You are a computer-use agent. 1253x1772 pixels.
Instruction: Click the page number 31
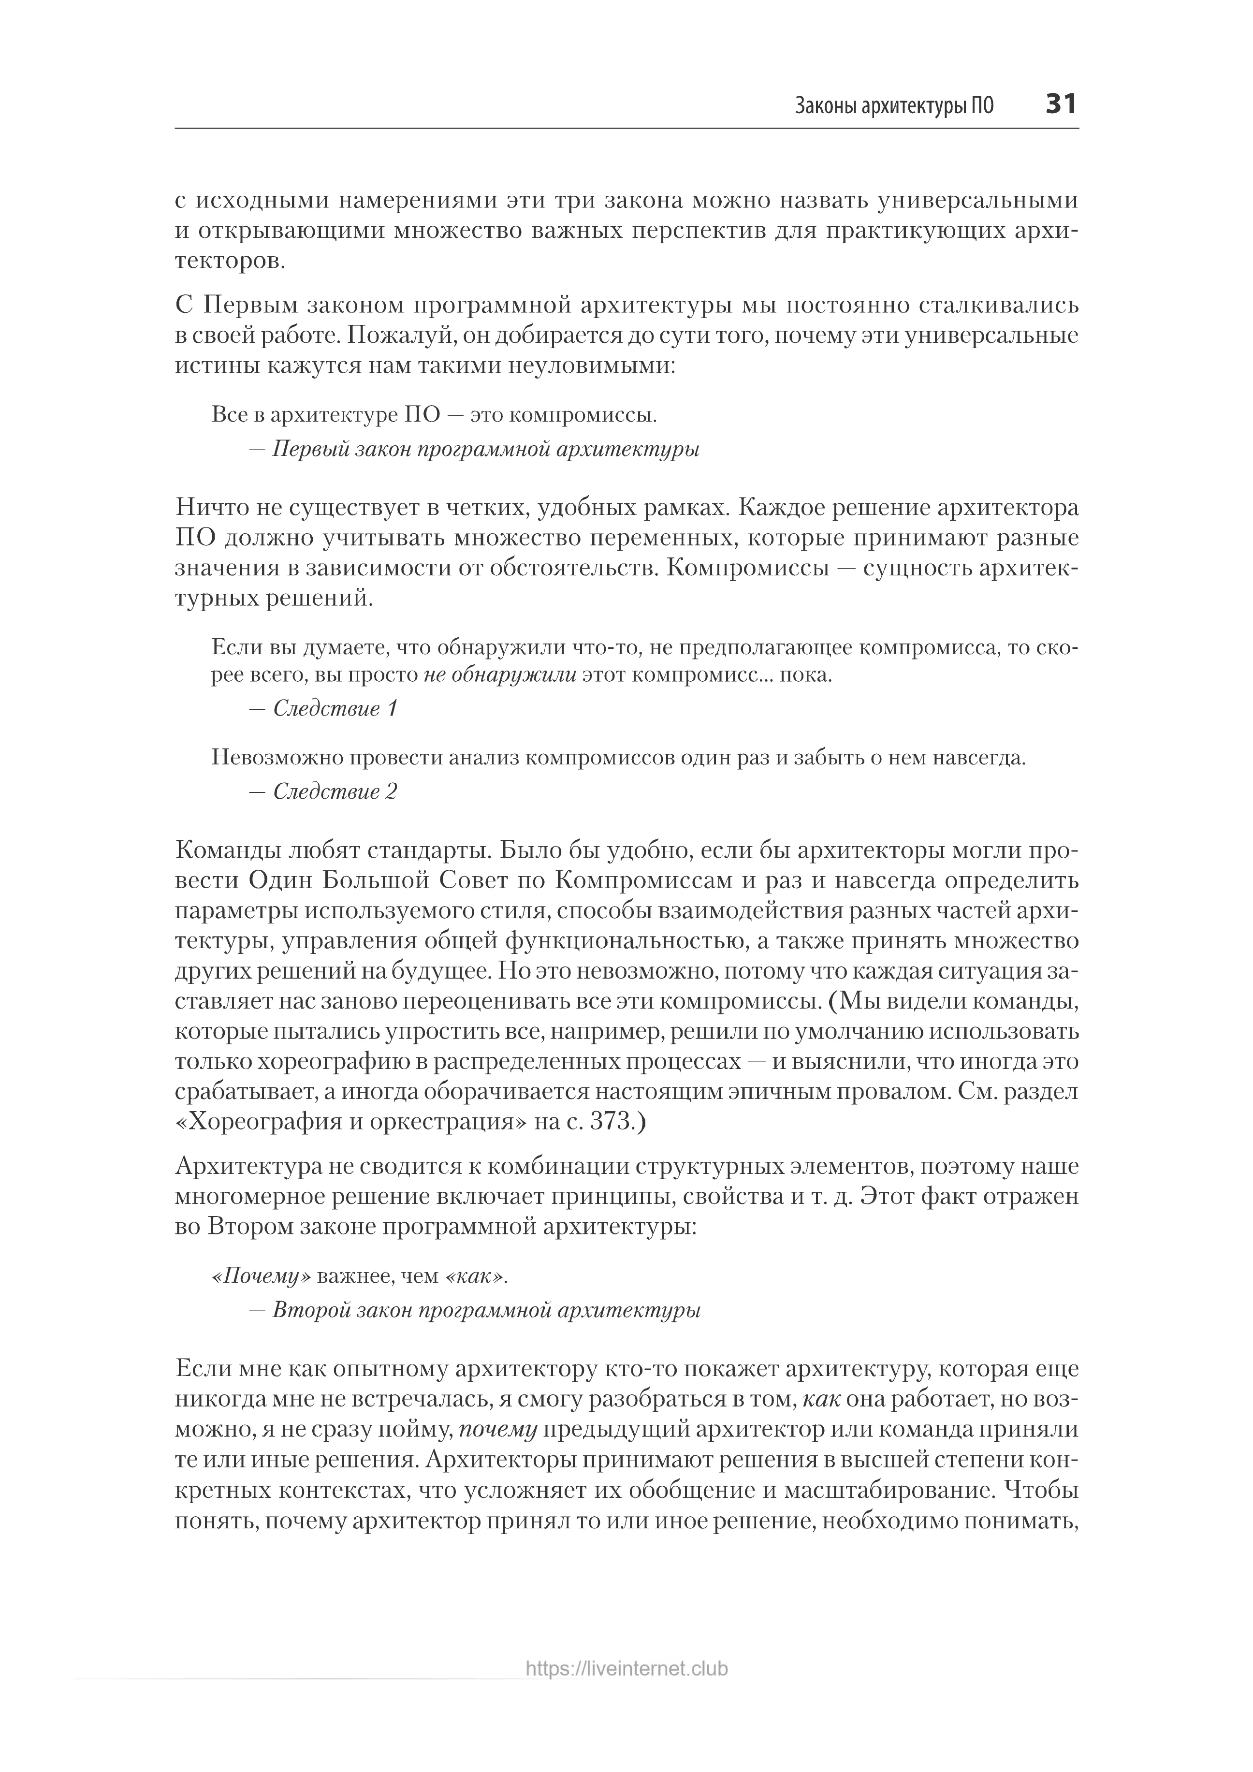1061,103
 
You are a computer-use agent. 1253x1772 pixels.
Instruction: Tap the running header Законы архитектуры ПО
894,106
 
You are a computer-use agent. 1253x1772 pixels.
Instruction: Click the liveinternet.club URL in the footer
626,1691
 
